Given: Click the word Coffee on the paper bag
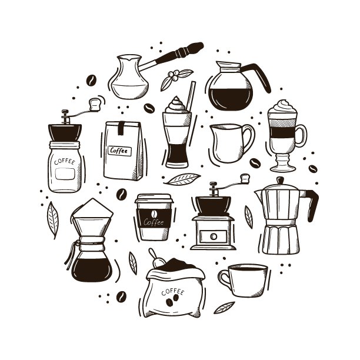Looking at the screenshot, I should [x=119, y=151].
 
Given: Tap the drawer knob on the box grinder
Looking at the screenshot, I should [x=213, y=236].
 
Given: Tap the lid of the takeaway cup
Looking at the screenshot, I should [x=153, y=200].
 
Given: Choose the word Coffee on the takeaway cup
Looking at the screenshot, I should [x=154, y=222].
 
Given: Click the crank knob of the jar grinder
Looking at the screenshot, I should [x=95, y=105].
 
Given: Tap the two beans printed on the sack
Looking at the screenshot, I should [x=172, y=302].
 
